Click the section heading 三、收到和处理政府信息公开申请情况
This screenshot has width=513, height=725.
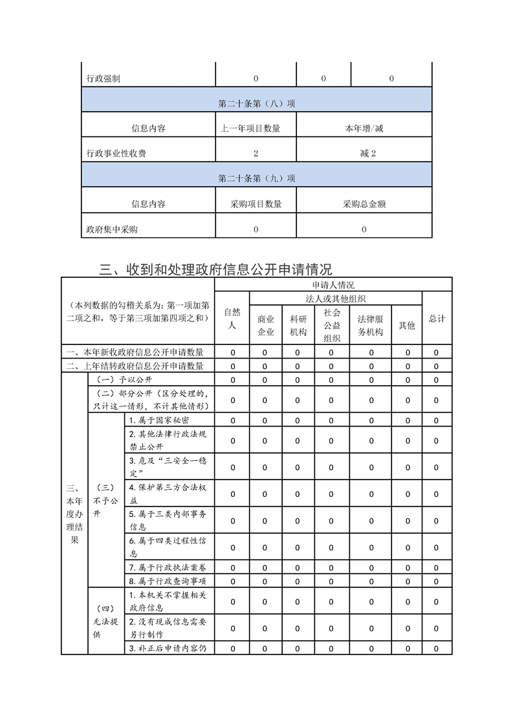215,269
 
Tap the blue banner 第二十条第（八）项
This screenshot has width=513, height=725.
257,103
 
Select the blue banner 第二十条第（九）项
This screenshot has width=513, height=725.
257,178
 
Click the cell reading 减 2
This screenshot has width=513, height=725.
364,153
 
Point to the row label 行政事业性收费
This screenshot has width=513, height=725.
116,153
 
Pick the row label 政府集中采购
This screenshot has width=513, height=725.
112,229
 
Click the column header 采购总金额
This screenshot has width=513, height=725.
364,204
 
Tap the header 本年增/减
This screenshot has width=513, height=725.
364,128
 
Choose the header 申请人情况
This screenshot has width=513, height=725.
333,285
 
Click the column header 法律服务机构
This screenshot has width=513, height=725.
371,325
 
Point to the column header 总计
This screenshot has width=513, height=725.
437,319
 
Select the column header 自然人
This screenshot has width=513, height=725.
232,319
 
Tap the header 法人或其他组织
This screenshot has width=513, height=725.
336,299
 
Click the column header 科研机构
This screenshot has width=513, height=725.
298,325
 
